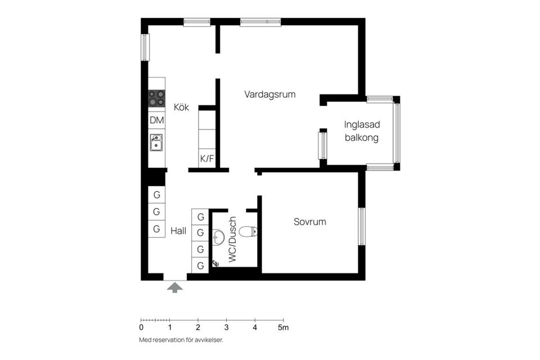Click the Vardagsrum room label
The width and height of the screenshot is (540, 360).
269,94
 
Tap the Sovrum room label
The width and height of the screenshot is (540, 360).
309,222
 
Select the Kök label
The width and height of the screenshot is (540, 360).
181,107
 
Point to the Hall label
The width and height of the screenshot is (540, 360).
178,231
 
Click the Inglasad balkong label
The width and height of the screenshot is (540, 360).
361,131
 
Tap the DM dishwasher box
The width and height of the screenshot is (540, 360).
157,120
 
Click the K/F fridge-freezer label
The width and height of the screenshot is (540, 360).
207,159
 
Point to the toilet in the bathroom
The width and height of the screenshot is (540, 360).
248,231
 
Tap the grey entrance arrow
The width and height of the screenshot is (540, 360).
175,287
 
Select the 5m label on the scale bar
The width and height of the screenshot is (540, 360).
283,327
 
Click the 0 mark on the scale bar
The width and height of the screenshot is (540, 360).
141,327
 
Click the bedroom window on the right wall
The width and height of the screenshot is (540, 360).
362,226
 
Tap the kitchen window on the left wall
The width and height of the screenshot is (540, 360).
145,47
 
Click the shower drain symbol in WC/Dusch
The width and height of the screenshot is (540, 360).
215,263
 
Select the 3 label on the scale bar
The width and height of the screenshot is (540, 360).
226,327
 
